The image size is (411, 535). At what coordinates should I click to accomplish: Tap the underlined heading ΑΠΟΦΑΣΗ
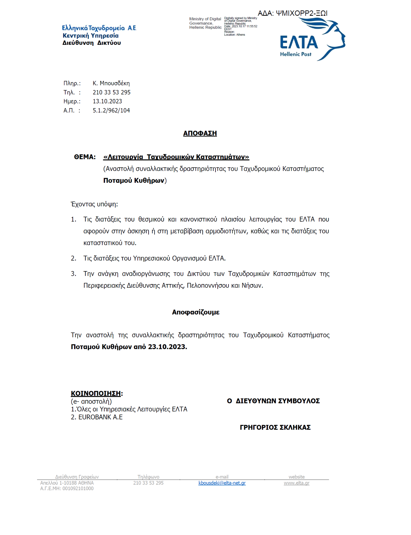click(x=200, y=133)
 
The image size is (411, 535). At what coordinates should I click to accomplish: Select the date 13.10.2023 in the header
click(x=107, y=101)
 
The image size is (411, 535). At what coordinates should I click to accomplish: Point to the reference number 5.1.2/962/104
click(x=111, y=110)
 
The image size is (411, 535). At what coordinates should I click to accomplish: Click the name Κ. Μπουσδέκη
click(x=111, y=83)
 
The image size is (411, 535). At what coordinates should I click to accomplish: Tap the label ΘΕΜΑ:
click(x=85, y=157)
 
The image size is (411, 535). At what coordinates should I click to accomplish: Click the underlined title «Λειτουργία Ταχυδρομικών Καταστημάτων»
click(x=176, y=157)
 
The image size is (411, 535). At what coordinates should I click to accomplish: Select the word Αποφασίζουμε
click(x=196, y=312)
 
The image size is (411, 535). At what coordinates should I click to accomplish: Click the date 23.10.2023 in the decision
click(x=167, y=347)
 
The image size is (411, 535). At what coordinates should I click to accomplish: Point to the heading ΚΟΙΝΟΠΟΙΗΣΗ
click(x=96, y=393)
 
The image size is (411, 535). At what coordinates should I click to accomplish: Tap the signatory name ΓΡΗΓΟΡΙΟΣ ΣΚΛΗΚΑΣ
click(x=275, y=427)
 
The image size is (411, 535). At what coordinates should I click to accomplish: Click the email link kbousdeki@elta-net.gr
click(x=222, y=483)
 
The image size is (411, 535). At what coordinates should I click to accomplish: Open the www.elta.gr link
click(x=296, y=483)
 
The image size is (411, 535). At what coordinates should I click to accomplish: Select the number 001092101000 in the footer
click(x=78, y=489)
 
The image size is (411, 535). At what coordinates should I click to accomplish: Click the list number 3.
click(x=73, y=274)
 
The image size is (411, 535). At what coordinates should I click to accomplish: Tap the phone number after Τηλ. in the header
click(x=111, y=92)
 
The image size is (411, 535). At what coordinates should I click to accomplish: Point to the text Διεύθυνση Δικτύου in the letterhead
click(x=92, y=43)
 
